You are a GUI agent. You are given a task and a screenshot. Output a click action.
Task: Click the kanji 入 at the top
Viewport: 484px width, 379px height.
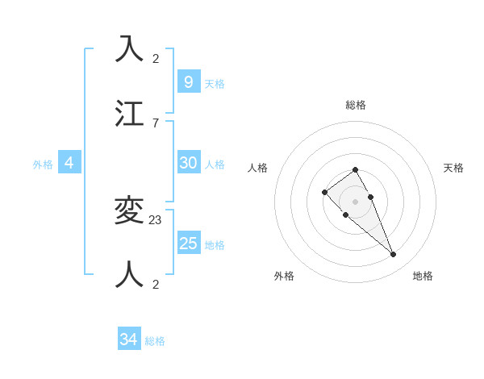(130, 50)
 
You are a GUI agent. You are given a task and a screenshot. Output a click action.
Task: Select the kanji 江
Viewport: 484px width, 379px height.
(130, 115)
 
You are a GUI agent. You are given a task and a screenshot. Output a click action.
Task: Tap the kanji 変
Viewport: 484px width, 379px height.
(130, 211)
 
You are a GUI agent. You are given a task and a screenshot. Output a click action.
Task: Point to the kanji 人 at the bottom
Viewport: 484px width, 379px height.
(130, 275)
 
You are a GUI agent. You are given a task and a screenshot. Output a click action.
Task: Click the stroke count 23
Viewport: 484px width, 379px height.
(156, 219)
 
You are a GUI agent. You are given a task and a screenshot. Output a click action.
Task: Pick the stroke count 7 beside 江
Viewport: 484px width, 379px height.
(156, 123)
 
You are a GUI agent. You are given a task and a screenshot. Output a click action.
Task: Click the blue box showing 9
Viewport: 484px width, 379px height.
(188, 81)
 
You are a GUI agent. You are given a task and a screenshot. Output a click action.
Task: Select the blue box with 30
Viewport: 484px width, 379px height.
(188, 162)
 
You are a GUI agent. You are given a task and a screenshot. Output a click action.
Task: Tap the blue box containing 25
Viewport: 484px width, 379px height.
(188, 243)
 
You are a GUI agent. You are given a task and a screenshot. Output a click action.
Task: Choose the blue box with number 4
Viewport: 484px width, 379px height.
(69, 162)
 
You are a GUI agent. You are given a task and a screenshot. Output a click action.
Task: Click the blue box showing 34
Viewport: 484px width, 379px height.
(129, 339)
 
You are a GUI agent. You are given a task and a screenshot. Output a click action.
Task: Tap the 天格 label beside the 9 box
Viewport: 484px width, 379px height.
(215, 84)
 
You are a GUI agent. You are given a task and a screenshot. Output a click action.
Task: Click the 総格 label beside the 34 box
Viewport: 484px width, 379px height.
(155, 342)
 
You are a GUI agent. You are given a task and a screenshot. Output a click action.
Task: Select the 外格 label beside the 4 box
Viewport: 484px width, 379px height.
(43, 165)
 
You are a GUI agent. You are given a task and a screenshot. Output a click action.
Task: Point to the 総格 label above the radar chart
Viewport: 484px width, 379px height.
(356, 105)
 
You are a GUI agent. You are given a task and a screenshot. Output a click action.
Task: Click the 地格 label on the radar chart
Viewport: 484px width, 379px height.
(423, 276)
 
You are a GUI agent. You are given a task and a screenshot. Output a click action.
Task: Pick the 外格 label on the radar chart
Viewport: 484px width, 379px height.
(284, 276)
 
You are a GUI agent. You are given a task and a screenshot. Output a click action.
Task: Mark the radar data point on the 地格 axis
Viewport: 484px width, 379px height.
(394, 255)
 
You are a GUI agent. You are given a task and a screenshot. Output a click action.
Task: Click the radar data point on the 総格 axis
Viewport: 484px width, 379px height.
(355, 169)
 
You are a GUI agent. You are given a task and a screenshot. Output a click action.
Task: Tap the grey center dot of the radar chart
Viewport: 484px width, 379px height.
(355, 202)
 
